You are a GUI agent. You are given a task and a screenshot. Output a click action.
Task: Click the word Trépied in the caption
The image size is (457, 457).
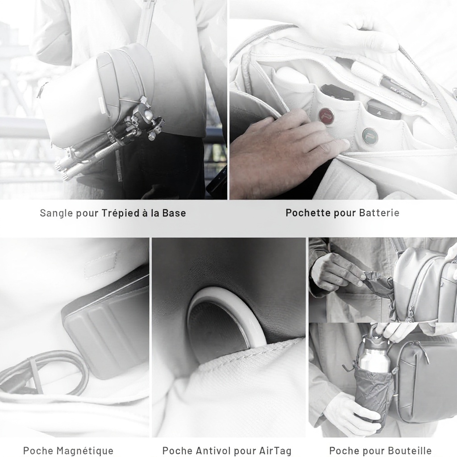(120, 213)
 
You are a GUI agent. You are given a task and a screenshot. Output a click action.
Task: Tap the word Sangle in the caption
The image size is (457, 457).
(56, 213)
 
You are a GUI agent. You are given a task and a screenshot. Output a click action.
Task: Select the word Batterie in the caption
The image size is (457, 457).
(379, 212)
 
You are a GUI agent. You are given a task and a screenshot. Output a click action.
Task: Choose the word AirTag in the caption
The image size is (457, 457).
(275, 451)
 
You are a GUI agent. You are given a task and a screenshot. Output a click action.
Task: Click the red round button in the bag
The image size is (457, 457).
(326, 115)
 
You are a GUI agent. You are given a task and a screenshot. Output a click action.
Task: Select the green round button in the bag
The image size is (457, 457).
(370, 136)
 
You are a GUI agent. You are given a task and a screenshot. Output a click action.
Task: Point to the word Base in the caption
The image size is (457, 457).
(174, 213)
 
